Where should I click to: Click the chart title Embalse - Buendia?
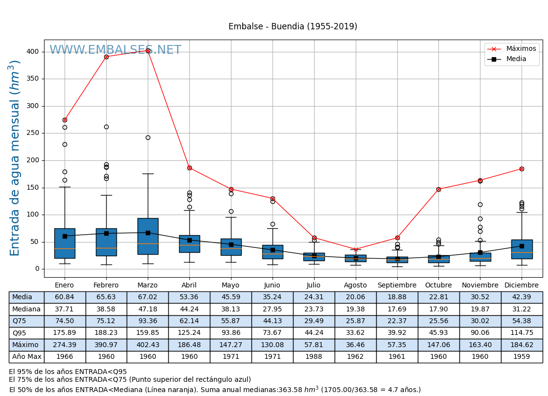[x=293, y=27]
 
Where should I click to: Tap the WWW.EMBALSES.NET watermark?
[x=115, y=50]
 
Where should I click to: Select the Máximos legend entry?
[x=521, y=49]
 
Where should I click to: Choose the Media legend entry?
[x=516, y=59]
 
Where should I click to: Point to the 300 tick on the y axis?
[x=32, y=106]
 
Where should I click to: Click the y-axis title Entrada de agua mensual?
[x=15, y=157]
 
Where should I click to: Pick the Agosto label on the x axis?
[x=355, y=286]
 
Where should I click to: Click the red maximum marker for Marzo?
[x=148, y=50]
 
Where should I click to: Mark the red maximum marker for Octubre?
[x=438, y=189]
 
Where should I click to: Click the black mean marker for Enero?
[x=65, y=236]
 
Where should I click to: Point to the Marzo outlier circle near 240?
[x=148, y=138]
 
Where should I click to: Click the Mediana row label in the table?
[x=26, y=309]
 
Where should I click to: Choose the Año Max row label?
[x=26, y=357]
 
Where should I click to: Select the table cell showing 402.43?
[x=147, y=345]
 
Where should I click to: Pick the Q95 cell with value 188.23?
[x=106, y=333]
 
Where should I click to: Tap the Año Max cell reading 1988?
[x=314, y=357]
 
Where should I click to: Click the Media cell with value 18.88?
[x=397, y=297]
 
